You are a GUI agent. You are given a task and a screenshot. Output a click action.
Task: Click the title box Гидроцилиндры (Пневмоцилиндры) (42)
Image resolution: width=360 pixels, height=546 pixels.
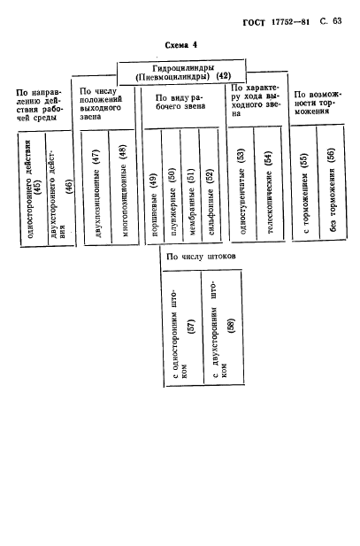coord(181,72)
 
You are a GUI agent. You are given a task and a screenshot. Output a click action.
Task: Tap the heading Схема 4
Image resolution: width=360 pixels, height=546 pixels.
coord(180,45)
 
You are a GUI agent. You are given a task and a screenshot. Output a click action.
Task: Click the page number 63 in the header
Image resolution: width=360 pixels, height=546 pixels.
coord(337,21)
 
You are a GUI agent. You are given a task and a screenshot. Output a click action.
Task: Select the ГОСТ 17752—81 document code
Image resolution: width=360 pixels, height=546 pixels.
coord(276,22)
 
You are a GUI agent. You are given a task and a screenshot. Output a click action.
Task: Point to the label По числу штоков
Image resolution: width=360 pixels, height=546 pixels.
coord(201,257)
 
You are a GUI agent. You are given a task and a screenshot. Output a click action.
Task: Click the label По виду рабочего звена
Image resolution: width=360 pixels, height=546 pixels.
coord(180,102)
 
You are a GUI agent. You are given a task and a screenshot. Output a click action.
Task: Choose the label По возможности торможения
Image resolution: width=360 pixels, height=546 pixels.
coord(318,103)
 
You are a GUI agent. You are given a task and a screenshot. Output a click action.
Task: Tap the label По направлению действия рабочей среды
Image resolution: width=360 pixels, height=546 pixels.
coord(39,105)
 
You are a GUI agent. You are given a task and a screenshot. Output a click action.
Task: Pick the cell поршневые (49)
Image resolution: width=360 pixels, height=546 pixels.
coord(154,187)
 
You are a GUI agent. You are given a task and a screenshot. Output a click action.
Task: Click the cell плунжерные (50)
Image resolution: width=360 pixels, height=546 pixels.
coord(172,187)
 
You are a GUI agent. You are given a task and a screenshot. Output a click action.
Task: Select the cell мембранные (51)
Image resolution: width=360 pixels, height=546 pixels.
coord(190,187)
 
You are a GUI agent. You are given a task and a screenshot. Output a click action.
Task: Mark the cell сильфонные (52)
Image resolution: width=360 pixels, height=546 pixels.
coord(210,187)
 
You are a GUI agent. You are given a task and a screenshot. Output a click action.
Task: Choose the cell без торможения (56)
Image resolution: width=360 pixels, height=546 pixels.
coord(332,183)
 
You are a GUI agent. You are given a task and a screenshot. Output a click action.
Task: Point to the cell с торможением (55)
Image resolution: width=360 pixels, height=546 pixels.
coord(304,183)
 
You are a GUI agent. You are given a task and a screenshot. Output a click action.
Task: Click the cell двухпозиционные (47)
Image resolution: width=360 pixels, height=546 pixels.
coord(96,188)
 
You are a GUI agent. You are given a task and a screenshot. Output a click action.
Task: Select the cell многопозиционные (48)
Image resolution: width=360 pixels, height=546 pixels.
coord(124,188)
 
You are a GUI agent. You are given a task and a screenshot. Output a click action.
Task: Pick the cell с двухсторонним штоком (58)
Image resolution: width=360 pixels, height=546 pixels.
coord(223,328)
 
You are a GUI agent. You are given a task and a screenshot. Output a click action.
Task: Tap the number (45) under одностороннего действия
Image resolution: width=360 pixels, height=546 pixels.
coord(38,188)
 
